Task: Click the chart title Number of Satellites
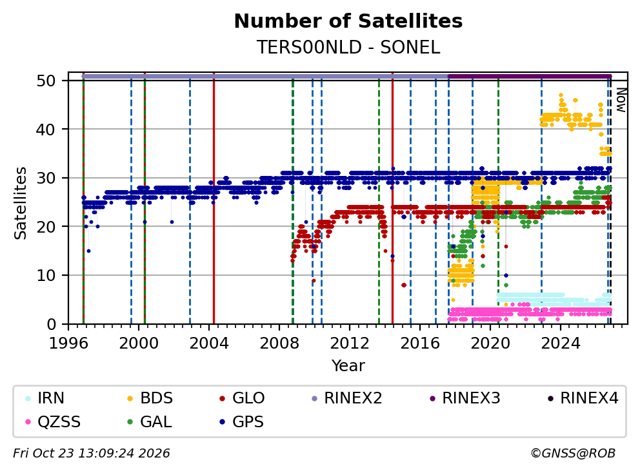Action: pyautogui.click(x=348, y=21)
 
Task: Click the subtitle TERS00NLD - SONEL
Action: pyautogui.click(x=348, y=47)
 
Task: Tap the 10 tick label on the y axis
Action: pyautogui.click(x=46, y=275)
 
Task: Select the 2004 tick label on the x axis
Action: pyautogui.click(x=209, y=343)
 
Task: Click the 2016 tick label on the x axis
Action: pyautogui.click(x=420, y=343)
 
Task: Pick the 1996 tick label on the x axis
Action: pyautogui.click(x=68, y=343)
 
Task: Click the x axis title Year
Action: pyautogui.click(x=348, y=366)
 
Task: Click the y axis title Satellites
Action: pyautogui.click(x=21, y=203)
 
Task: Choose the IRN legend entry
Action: pyautogui.click(x=45, y=398)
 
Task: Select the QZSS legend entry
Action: pyautogui.click(x=53, y=421)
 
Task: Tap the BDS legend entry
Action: pyautogui.click(x=150, y=398)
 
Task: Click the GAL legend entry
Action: pyautogui.click(x=150, y=421)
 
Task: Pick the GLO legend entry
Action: pyautogui.click(x=242, y=398)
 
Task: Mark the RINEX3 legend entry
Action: pyautogui.click(x=465, y=398)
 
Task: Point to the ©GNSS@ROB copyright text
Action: pyautogui.click(x=573, y=453)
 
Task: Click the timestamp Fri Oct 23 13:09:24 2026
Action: pyautogui.click(x=92, y=453)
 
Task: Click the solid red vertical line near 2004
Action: pyautogui.click(x=214, y=198)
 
